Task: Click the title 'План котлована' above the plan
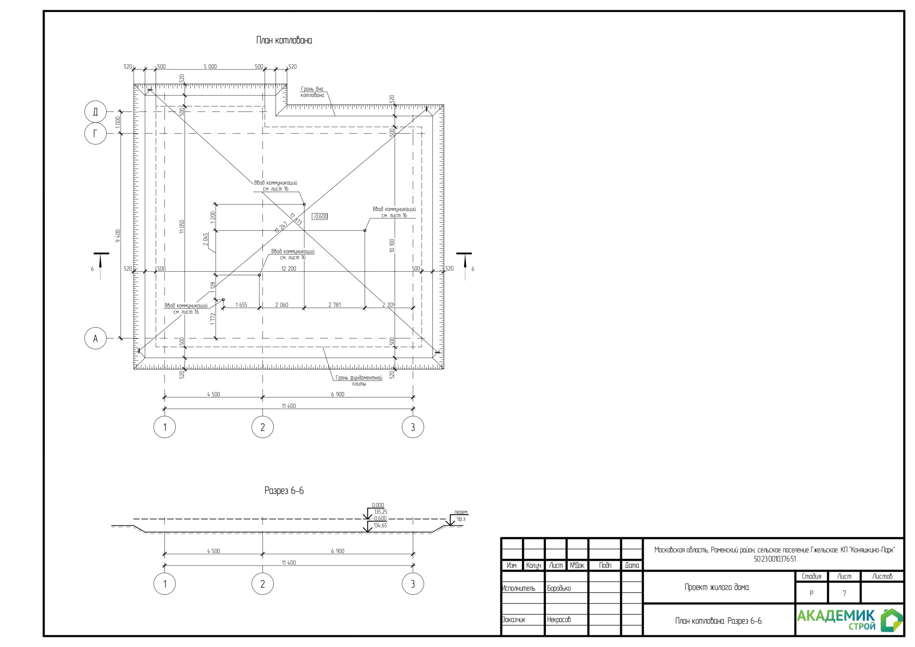(x=284, y=40)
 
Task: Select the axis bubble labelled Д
(x=95, y=112)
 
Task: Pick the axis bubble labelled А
(x=95, y=339)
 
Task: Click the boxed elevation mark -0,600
(x=320, y=217)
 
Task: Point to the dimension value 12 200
(x=288, y=269)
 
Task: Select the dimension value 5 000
(x=210, y=66)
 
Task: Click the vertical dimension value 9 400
(x=118, y=236)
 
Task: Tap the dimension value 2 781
(x=334, y=305)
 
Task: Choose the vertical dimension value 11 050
(x=182, y=226)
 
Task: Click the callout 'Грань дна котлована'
(x=312, y=92)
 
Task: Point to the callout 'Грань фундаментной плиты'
(x=358, y=381)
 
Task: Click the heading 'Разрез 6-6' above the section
(x=284, y=491)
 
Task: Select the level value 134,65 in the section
(x=380, y=525)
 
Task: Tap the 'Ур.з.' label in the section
(x=461, y=519)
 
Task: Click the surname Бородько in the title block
(x=559, y=588)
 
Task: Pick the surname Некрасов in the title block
(x=559, y=619)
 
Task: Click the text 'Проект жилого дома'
(x=717, y=587)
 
